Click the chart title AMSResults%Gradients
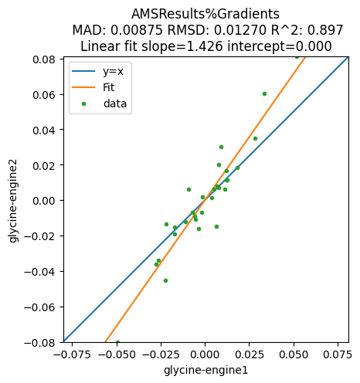[x=205, y=14]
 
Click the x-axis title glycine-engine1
[x=205, y=371]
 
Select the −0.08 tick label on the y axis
[x=39, y=342]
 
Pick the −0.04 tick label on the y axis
[x=39, y=271]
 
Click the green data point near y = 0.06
[x=264, y=93]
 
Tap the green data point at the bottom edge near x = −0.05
[x=117, y=342]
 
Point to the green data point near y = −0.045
[x=165, y=280]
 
